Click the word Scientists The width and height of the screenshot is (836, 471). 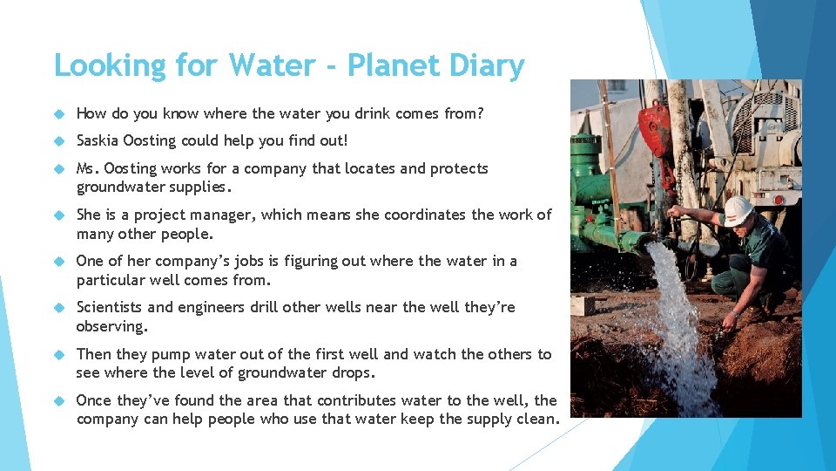(x=110, y=307)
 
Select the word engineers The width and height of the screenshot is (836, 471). (x=217, y=307)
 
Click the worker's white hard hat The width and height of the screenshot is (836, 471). (x=738, y=208)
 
